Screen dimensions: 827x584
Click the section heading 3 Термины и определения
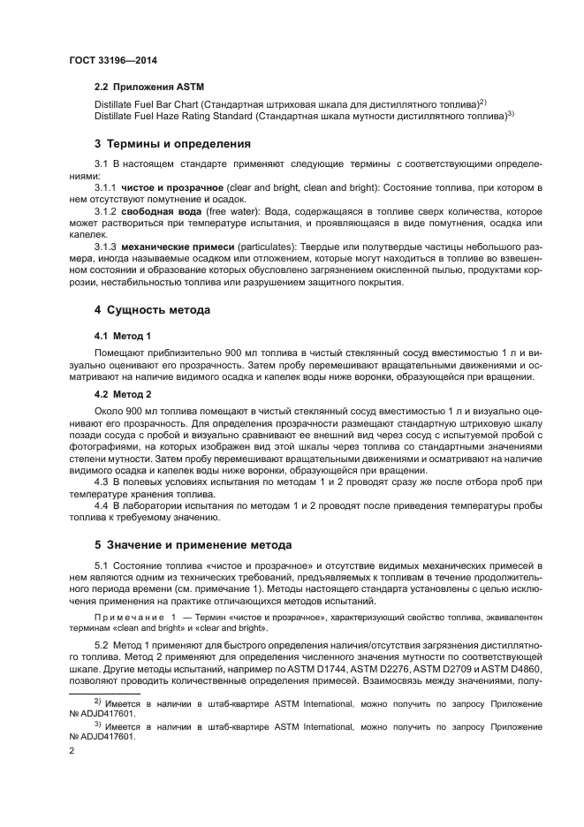172,143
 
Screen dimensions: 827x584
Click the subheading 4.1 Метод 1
123,336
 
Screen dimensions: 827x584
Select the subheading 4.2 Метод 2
123,394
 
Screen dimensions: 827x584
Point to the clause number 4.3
101,482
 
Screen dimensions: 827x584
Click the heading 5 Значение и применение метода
193,544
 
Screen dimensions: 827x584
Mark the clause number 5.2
101,645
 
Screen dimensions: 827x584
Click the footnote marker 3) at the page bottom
99,725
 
